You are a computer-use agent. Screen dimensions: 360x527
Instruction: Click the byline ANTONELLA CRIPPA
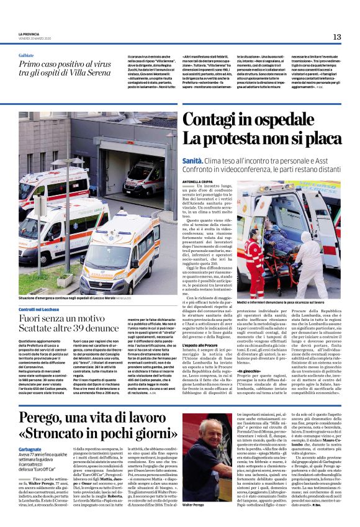[x=196, y=182]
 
